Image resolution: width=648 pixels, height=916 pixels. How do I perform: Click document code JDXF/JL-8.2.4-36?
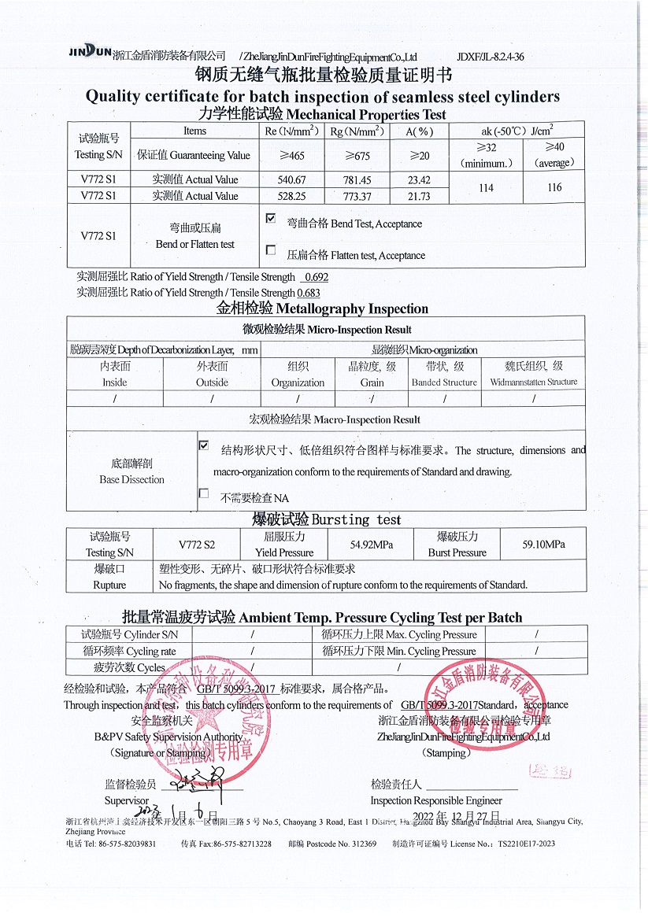pos(490,57)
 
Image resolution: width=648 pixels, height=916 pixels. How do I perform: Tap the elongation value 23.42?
pos(420,179)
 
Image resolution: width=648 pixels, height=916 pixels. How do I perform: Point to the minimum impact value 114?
pos(486,187)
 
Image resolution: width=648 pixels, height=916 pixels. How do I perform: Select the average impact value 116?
pos(554,187)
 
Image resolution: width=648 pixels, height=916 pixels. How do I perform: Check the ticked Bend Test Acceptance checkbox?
pos(271,219)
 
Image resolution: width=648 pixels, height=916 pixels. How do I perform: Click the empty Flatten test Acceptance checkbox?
pos(271,250)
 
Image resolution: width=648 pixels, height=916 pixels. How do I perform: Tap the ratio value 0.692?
pos(316,277)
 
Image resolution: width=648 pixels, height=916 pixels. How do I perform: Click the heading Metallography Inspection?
pos(322,308)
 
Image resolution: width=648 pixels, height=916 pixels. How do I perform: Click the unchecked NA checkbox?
pos(204,493)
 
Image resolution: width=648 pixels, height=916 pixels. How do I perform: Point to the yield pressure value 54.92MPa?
pos(371,544)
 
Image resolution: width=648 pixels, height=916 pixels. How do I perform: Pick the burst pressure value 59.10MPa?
pos(543,544)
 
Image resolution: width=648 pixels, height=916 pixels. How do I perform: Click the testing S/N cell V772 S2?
pos(196,544)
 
